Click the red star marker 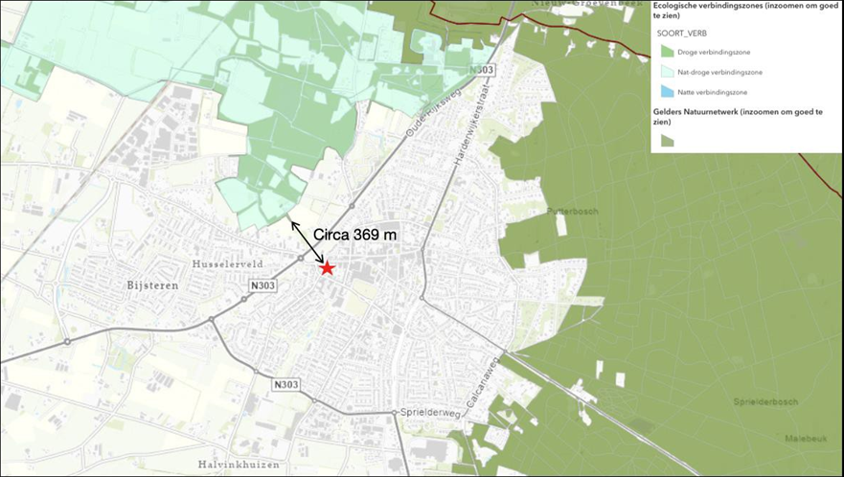328,268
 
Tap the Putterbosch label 564,211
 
